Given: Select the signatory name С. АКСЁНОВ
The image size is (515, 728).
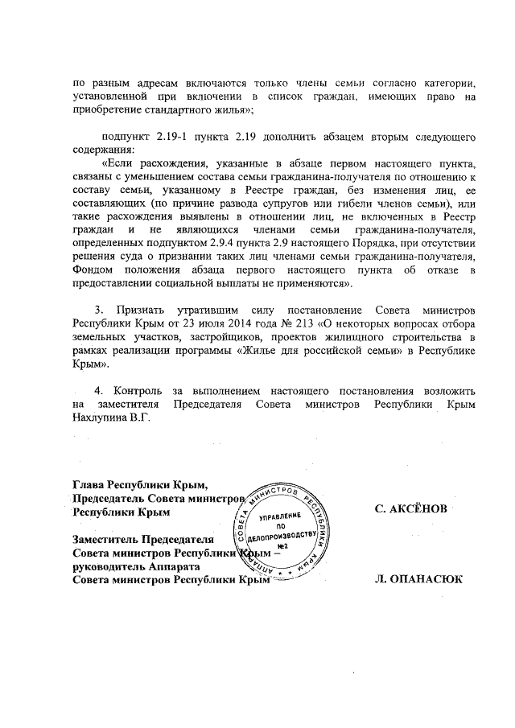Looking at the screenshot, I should point(412,510).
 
